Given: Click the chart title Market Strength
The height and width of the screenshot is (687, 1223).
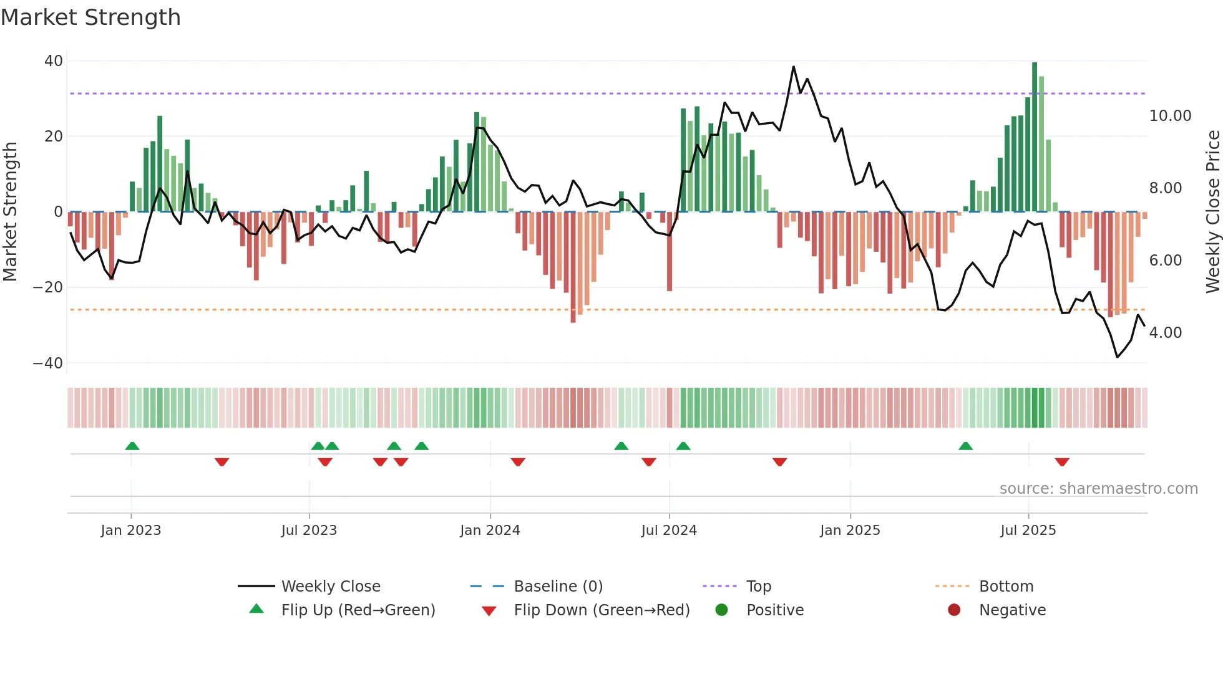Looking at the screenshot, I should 90,17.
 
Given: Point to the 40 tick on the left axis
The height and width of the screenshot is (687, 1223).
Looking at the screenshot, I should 54,61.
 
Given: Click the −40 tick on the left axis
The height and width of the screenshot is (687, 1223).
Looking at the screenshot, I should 48,363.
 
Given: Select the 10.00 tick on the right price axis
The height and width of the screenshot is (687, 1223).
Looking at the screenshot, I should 1170,116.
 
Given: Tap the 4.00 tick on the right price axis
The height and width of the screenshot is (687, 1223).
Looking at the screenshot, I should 1165,333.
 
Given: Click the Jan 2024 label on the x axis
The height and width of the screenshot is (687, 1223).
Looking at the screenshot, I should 490,531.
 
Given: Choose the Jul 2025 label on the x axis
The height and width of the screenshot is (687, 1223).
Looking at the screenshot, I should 1028,531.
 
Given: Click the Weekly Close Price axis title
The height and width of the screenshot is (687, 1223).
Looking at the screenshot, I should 1212,212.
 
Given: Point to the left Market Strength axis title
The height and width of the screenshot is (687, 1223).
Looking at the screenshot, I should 10,212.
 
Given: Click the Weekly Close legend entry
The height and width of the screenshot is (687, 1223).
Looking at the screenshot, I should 330,587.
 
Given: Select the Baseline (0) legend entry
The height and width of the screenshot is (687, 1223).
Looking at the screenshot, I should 558,587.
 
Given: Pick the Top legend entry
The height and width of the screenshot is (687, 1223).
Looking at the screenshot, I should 758,587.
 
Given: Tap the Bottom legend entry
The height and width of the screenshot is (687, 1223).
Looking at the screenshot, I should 1006,587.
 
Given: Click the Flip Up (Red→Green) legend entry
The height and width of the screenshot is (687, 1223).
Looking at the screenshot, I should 358,610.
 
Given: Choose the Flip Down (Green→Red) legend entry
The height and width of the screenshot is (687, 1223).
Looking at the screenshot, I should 602,610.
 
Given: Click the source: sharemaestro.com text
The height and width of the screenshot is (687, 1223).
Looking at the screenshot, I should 1098,489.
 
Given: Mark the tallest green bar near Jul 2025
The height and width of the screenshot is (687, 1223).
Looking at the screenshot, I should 1035,137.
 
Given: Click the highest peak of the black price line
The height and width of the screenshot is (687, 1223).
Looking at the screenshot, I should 794,67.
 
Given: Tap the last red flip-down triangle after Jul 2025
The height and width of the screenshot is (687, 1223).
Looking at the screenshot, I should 1062,462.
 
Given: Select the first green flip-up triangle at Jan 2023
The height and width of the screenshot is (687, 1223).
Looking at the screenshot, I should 132,446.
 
